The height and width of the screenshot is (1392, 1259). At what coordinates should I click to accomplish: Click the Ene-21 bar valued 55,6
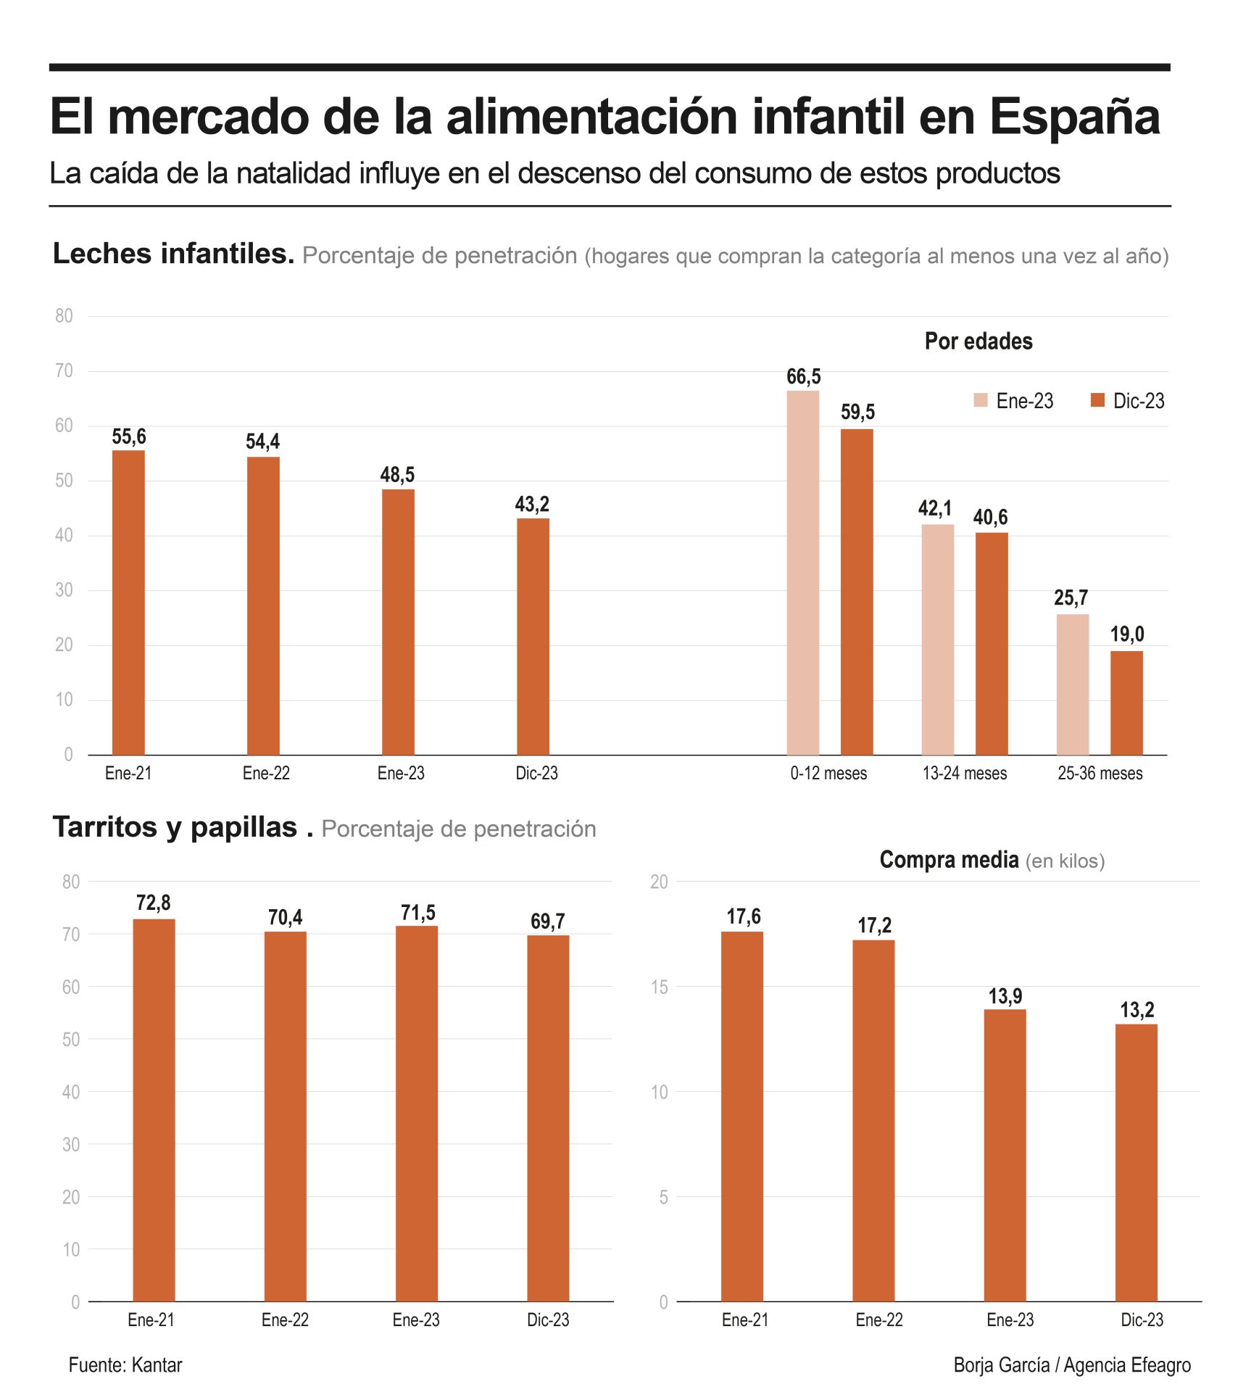click(128, 602)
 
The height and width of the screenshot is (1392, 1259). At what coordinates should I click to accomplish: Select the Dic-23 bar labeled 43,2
click(533, 636)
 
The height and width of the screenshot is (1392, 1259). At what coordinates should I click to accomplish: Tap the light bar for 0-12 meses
click(802, 572)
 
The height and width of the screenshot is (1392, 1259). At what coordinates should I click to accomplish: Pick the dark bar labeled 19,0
click(1126, 702)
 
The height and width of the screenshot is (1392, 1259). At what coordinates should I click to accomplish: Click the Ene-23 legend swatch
click(980, 400)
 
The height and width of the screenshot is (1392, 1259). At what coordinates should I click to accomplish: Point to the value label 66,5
click(803, 376)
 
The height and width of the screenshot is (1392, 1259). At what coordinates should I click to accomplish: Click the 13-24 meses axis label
click(964, 773)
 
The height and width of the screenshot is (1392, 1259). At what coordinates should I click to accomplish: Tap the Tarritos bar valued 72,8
click(154, 1109)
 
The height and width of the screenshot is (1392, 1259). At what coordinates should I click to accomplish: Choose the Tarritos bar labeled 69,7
click(548, 1117)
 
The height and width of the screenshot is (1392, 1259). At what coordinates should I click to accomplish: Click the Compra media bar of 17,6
click(741, 1116)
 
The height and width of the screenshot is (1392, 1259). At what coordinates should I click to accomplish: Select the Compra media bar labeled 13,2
click(1136, 1162)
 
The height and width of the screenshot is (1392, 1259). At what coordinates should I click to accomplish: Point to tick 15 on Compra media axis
click(659, 987)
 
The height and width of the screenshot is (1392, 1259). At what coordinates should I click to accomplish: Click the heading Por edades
click(978, 341)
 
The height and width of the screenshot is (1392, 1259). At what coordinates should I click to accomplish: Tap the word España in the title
click(1074, 117)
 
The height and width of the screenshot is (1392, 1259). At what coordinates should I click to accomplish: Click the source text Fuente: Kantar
click(125, 1364)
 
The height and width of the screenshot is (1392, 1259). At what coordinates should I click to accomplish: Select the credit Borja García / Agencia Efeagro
click(1071, 1364)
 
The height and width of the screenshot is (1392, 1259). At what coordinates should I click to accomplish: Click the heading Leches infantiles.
click(173, 254)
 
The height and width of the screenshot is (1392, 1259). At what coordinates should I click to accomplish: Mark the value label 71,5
click(417, 912)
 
